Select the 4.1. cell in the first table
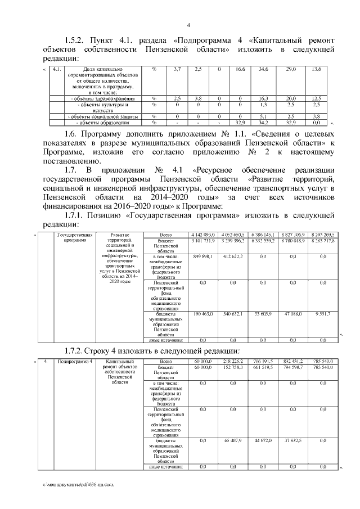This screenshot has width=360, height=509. point(56,69)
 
